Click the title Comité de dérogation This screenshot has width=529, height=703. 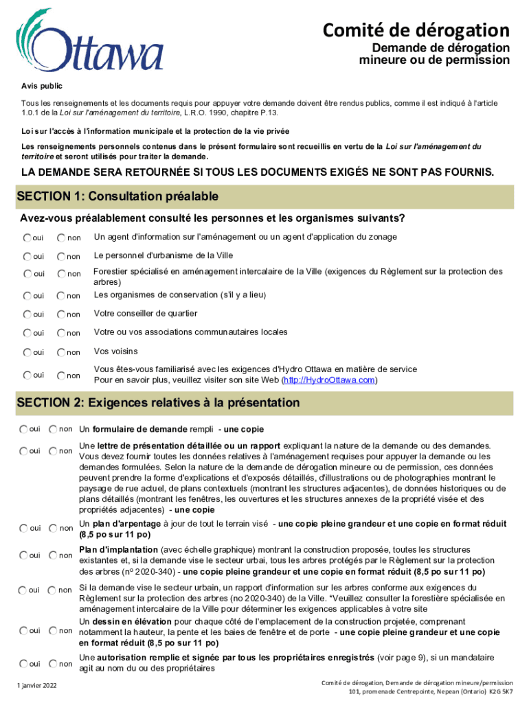pos(417,30)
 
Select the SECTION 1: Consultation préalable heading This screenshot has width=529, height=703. pos(117,197)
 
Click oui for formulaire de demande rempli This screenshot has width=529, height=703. pos(24,429)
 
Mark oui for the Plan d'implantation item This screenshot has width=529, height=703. pos(24,555)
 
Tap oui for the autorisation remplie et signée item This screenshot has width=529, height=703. pos(24,663)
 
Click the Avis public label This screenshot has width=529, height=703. pos(41,87)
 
